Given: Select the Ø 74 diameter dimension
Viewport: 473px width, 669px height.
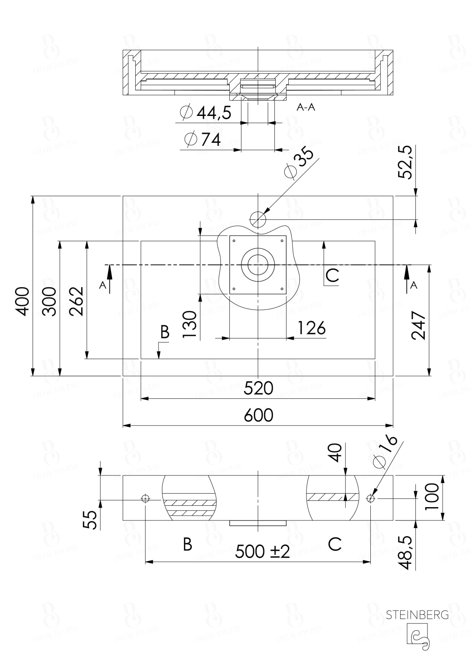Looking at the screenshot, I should [203, 140].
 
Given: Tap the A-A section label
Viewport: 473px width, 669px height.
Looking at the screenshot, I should [306, 107].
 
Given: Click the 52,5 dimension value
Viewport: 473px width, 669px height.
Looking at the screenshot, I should [405, 165].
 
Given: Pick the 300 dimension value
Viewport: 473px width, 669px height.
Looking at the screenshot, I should [50, 301].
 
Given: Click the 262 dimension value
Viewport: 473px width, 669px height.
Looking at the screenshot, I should [77, 301].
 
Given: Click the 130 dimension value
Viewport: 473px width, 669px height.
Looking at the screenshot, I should [190, 324].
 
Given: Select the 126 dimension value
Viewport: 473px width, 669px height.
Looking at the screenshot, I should [311, 328].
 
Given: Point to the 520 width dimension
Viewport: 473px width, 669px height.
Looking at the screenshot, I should [258, 388].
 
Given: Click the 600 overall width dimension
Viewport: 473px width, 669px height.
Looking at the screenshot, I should [258, 415].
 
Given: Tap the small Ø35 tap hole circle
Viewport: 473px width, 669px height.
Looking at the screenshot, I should [258, 219].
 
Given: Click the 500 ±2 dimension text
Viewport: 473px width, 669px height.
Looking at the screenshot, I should [262, 551].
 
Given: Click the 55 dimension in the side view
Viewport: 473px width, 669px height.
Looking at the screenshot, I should [90, 520].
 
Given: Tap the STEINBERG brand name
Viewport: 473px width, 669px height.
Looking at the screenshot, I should [417, 615].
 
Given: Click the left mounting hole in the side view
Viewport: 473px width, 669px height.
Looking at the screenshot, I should [145, 499].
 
